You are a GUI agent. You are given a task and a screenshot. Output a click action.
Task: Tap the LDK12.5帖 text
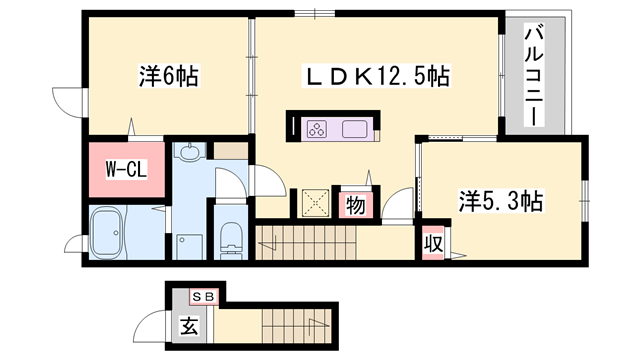[379, 75]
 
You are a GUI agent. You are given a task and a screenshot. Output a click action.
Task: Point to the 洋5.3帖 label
[501, 201]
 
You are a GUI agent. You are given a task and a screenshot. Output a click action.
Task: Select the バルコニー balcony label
[534, 75]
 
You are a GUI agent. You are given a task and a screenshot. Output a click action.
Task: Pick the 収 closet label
[432, 243]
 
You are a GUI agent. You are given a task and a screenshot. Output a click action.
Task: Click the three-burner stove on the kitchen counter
[318, 128]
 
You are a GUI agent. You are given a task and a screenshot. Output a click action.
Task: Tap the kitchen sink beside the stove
[355, 128]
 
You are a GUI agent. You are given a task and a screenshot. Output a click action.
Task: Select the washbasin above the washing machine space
[189, 153]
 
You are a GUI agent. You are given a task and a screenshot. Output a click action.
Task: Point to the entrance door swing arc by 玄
[153, 324]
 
